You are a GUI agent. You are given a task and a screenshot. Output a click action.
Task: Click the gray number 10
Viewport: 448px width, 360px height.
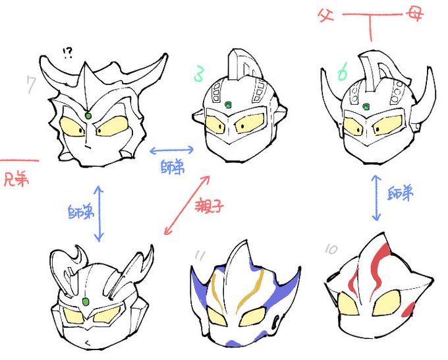click(331, 249)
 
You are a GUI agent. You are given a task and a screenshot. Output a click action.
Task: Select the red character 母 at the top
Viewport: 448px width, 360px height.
click(416, 13)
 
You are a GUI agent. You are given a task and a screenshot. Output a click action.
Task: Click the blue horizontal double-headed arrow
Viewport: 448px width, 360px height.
click(171, 148)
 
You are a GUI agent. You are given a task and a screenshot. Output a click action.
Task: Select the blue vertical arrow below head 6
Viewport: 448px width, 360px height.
click(376, 198)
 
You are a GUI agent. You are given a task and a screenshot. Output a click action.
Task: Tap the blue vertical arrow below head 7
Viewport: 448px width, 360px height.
click(99, 212)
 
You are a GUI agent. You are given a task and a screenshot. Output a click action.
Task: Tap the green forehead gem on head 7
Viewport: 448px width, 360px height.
click(88, 116)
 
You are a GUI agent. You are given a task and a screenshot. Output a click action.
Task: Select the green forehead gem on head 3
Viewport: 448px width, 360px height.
click(228, 104)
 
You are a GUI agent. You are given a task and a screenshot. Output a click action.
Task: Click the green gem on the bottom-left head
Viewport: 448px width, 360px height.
click(85, 303)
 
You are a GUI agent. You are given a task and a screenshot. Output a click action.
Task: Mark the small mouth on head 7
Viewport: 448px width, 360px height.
click(88, 144)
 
